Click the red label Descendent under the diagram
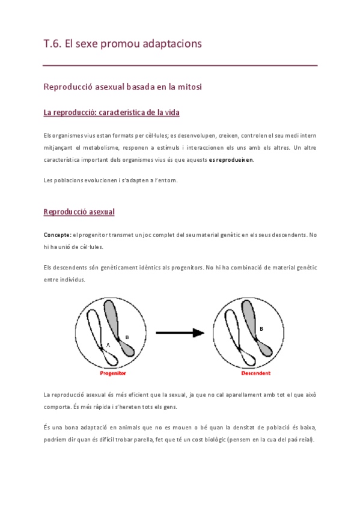click(255, 373)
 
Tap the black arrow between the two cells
click(181, 333)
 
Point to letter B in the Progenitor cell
click(127, 337)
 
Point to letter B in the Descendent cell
click(261, 328)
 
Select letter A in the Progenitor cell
click(108, 344)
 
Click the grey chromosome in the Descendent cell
click(249, 319)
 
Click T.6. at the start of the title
click(52, 44)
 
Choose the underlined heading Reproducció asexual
click(79, 212)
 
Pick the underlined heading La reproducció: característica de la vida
click(111, 112)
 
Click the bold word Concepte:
click(58, 235)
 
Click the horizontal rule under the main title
click(180, 65)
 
